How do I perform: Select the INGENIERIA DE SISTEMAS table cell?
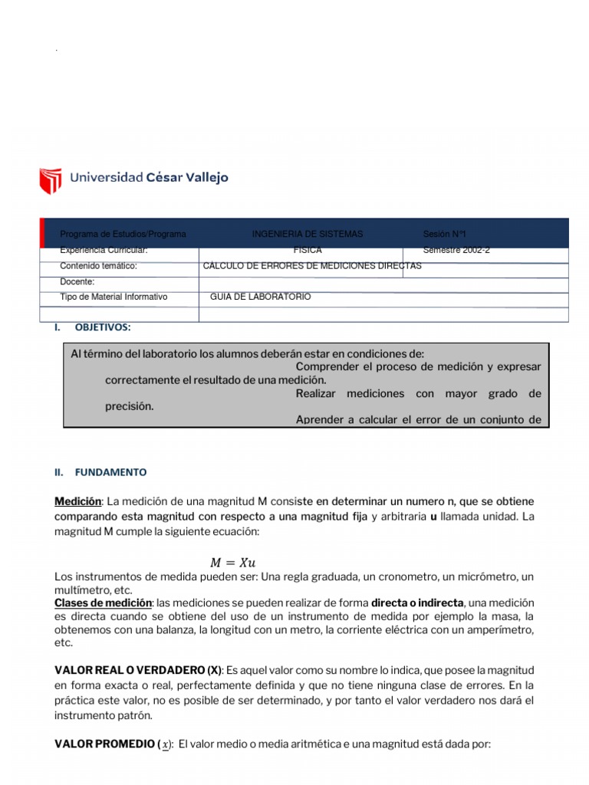(x=307, y=234)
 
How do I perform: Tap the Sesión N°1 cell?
(x=444, y=234)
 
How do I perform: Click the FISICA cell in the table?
(x=307, y=250)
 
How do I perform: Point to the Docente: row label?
(x=77, y=281)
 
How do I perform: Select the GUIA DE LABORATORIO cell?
(x=260, y=297)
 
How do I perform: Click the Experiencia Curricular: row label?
(x=104, y=250)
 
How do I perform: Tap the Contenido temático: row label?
(x=98, y=266)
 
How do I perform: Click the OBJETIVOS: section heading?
(x=103, y=327)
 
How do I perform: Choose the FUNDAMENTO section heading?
(x=110, y=472)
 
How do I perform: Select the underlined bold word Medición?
(x=78, y=501)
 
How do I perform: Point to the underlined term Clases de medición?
(x=104, y=603)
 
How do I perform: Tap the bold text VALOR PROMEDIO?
(x=104, y=744)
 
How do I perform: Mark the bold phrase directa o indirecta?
(x=417, y=603)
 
